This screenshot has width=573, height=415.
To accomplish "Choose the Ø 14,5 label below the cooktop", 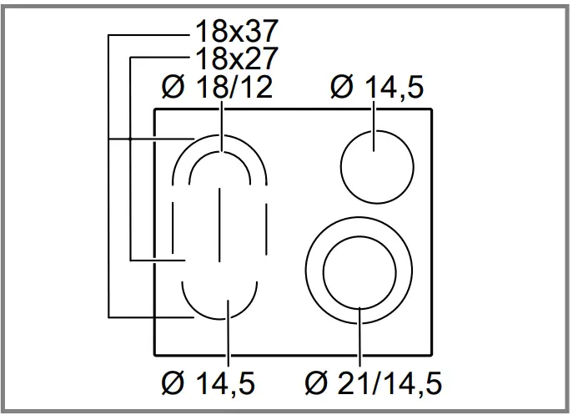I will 209,385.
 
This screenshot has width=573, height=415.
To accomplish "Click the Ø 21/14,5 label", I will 373,385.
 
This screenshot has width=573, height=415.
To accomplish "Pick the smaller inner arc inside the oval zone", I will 200,161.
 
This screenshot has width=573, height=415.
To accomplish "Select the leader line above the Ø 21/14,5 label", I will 359,338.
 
